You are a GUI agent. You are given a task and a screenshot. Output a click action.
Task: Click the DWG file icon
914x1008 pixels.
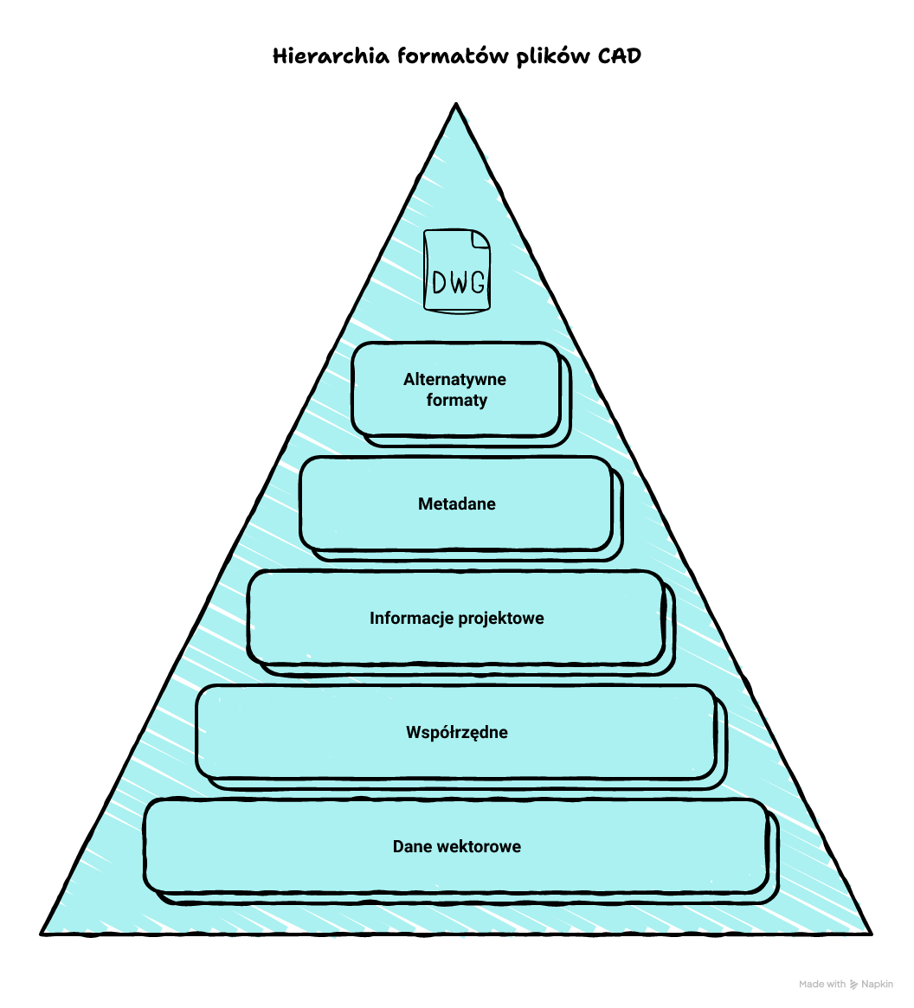[x=456, y=270]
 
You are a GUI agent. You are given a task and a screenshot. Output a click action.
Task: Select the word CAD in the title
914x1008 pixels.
[x=620, y=56]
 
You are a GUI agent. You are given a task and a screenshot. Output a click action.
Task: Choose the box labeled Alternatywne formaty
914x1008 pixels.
[x=456, y=390]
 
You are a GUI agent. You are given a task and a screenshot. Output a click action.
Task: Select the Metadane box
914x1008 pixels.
[x=456, y=504]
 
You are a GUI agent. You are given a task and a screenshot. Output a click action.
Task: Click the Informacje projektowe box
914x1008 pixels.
[x=456, y=618]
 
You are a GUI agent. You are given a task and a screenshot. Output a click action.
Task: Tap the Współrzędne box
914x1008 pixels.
[x=456, y=732]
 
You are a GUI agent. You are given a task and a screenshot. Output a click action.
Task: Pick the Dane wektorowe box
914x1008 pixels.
[x=456, y=846]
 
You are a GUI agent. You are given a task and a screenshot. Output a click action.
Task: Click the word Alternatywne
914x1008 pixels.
[x=454, y=379]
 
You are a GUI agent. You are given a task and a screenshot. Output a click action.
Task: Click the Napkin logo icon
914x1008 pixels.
[x=854, y=984]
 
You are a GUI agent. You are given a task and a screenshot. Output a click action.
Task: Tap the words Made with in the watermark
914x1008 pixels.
[x=822, y=984]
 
